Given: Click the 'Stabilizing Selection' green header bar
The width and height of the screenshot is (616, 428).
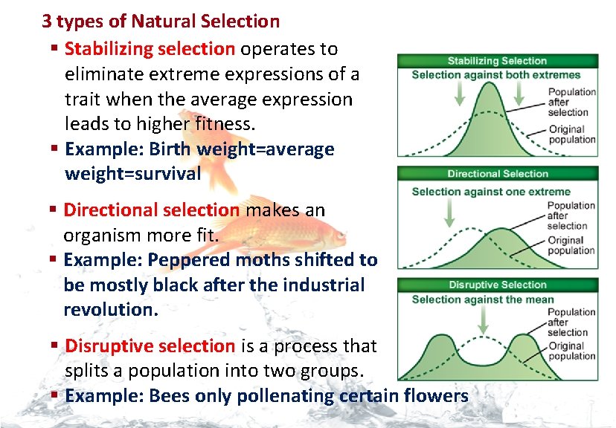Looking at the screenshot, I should click(497, 61).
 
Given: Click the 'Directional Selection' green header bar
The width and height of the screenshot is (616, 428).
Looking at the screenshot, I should click(497, 174).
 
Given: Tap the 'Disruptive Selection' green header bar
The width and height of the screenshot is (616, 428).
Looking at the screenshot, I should click(497, 285).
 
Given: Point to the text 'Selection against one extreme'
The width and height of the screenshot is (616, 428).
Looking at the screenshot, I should click(491, 192).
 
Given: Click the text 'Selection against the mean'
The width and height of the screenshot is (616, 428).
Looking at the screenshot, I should click(483, 300).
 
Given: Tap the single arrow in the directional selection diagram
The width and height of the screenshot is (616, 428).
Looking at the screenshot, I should click(449, 213).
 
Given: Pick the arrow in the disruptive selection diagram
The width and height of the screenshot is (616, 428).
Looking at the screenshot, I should click(484, 320).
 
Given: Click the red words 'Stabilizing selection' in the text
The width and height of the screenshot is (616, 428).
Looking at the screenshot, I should click(150, 49).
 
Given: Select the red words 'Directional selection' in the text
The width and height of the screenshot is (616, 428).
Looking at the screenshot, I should click(152, 210).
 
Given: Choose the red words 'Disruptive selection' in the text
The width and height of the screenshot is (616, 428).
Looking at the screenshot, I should click(150, 346).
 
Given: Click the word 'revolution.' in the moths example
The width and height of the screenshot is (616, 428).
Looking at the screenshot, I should click(112, 309).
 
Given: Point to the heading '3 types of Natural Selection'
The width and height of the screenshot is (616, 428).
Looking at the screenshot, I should click(161, 21).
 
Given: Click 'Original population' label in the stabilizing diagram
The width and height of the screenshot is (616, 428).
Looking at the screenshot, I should click(571, 134).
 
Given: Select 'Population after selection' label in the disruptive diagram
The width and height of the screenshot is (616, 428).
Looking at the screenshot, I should click(571, 322).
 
